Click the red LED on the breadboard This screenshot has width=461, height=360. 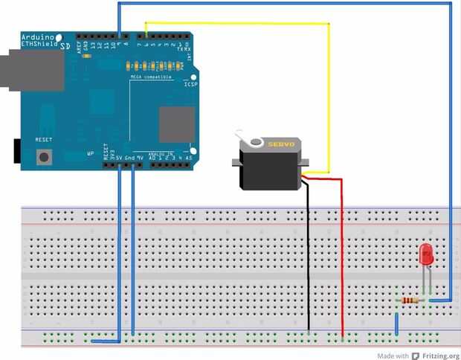[x=427, y=255]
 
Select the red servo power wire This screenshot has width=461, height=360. [x=342, y=253]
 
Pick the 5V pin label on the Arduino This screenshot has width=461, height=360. [x=118, y=158]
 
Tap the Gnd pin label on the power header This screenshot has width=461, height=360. [x=129, y=158]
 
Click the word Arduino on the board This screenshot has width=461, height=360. [x=37, y=36]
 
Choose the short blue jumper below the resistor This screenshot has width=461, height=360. [x=396, y=324]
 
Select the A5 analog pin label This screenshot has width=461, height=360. [x=189, y=158]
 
